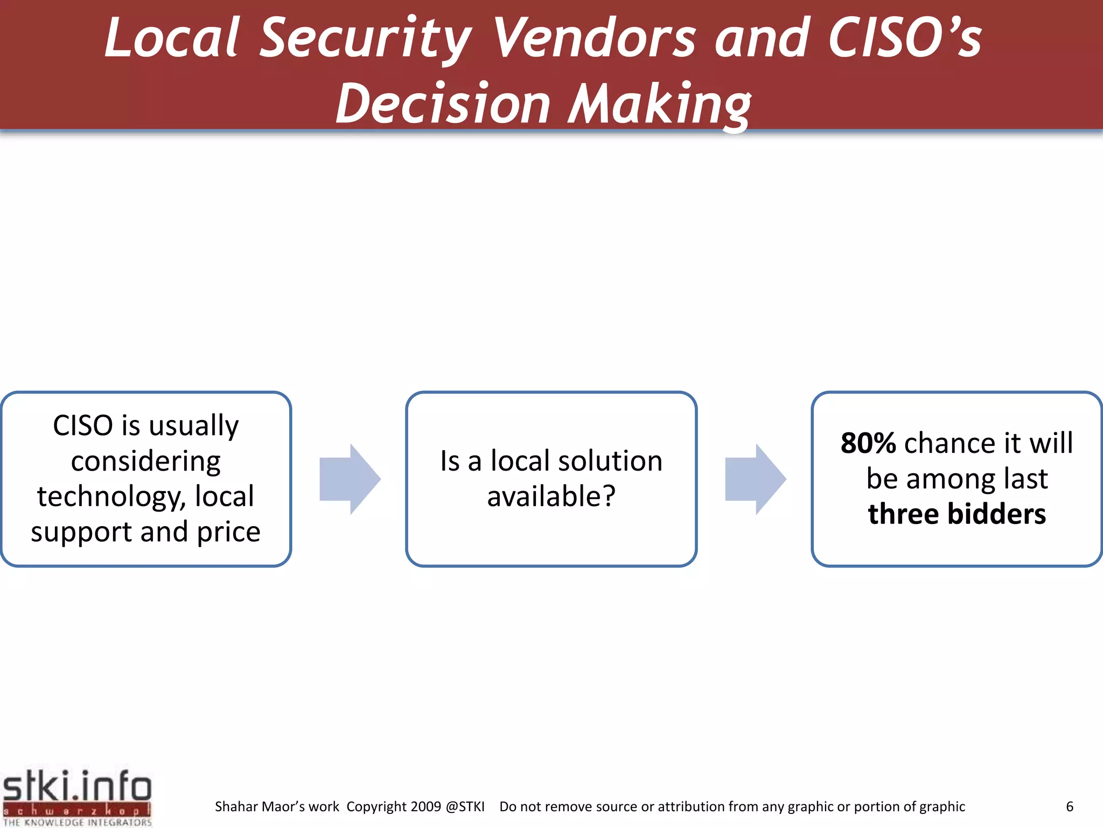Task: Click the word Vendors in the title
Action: click(595, 38)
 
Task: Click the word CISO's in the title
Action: click(905, 38)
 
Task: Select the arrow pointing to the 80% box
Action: click(756, 479)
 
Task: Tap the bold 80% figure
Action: click(868, 443)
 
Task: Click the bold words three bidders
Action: click(957, 514)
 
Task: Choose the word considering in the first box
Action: click(145, 461)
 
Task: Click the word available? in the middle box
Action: click(551, 496)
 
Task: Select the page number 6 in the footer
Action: click(1070, 806)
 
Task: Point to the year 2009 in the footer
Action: click(425, 806)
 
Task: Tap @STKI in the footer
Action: click(465, 806)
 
